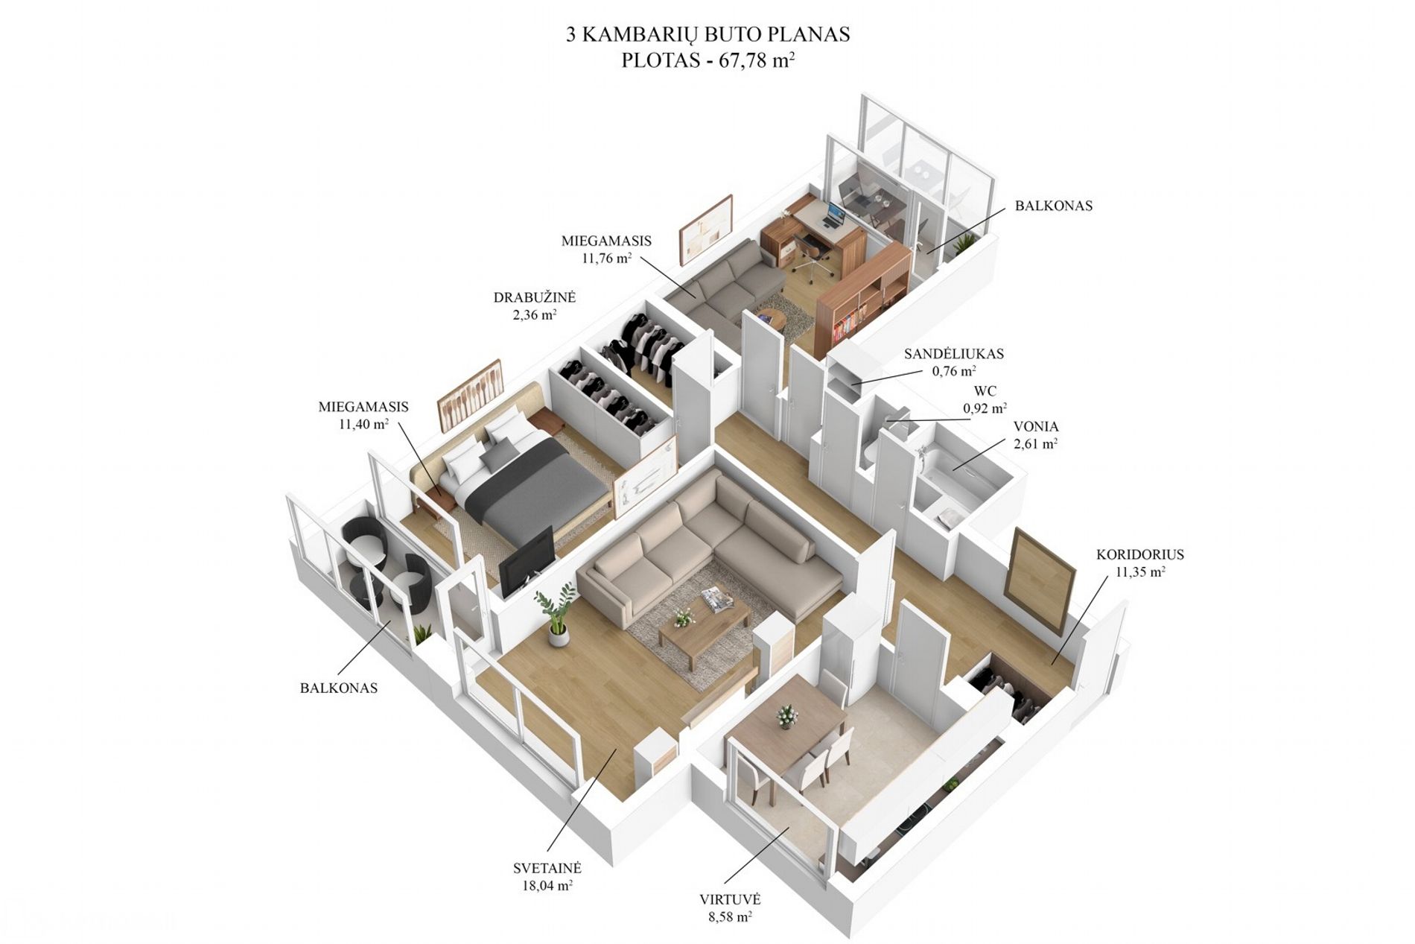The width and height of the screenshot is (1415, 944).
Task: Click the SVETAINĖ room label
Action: [x=547, y=869]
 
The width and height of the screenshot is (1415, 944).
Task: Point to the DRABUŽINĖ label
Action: [x=534, y=297]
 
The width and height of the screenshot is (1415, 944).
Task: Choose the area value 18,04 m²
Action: [x=547, y=886]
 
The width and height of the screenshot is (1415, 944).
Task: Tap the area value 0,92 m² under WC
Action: [x=985, y=408]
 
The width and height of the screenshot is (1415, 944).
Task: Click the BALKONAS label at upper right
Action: [x=1054, y=206]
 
